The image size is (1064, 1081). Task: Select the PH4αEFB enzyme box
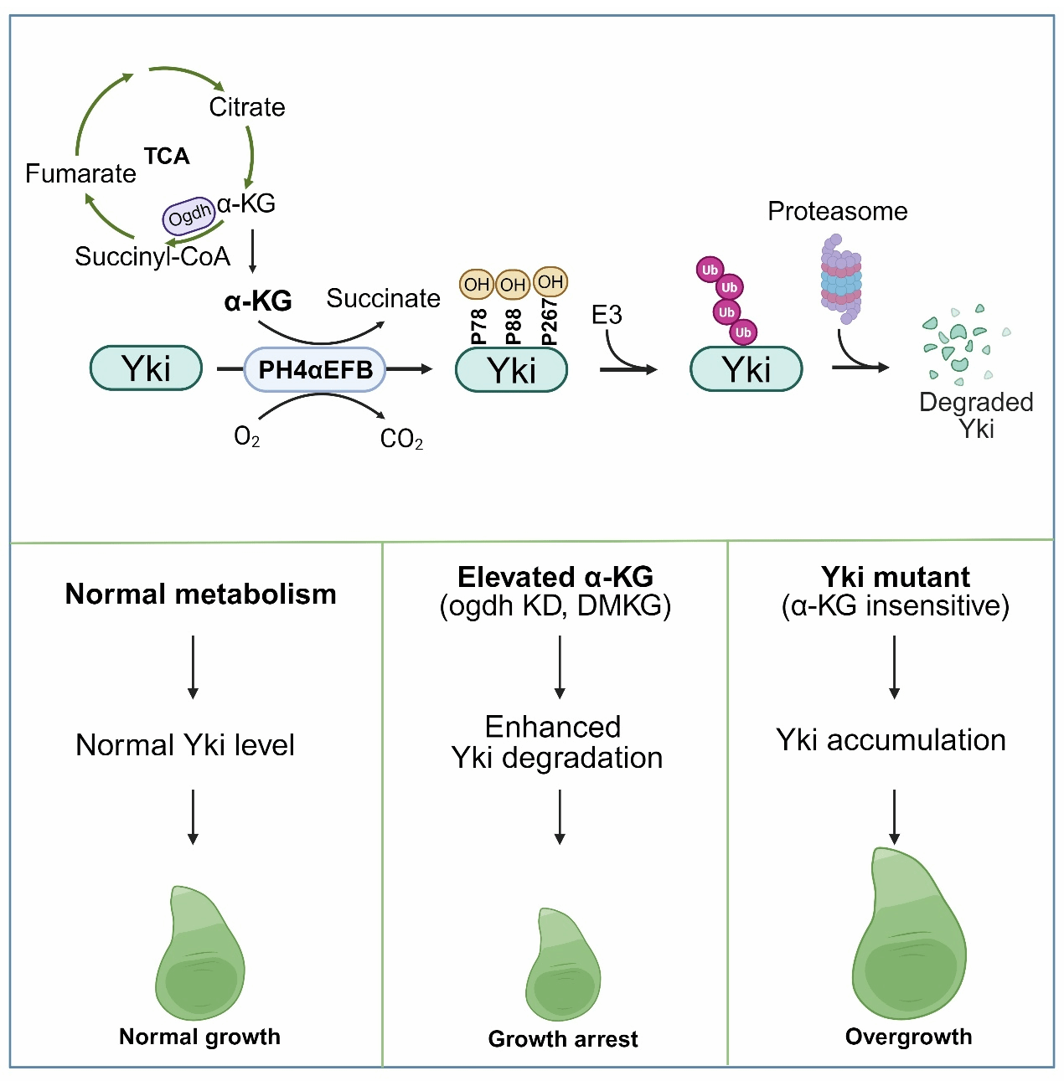tap(315, 369)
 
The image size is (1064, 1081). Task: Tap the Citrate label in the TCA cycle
tap(247, 107)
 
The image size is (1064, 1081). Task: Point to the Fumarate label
tap(80, 173)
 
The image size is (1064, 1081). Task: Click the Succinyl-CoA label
tap(152, 256)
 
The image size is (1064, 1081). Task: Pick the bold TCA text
tap(167, 157)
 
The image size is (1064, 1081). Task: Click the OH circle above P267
tap(550, 282)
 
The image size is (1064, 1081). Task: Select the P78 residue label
tap(478, 326)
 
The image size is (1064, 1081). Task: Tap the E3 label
tap(607, 315)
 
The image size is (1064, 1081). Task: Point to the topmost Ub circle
tap(710, 270)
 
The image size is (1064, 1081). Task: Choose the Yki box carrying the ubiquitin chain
tap(746, 369)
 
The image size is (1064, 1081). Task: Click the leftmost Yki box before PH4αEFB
tap(146, 368)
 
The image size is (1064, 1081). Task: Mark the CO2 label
tap(401, 439)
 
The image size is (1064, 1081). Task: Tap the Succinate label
tap(383, 298)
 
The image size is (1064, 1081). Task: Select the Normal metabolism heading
tap(201, 594)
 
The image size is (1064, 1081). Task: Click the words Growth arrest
tap(563, 1039)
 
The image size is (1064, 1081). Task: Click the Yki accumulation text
tap(891, 740)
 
